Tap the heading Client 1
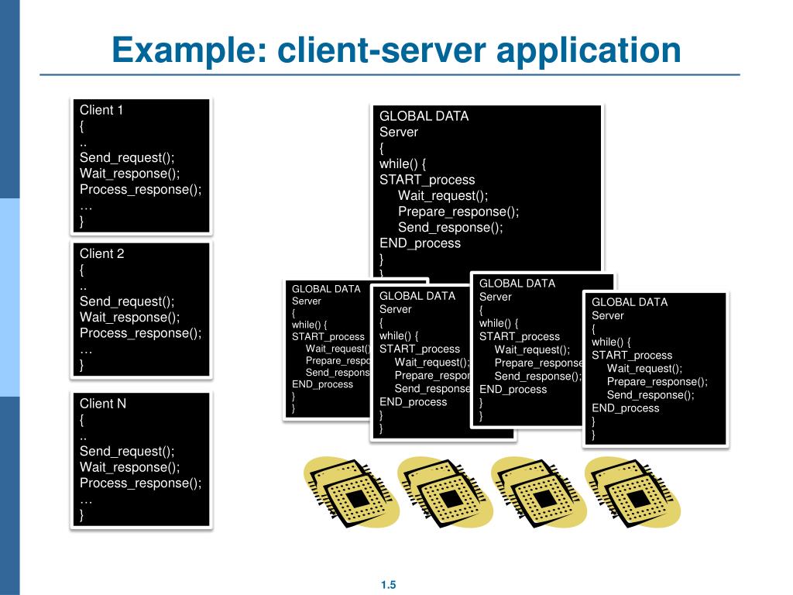coord(101,110)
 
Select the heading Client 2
coord(101,253)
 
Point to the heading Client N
coord(102,404)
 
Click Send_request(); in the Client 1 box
coord(127,158)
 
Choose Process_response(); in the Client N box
coord(140,483)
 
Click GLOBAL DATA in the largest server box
coord(424,116)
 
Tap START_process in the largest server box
coord(427,180)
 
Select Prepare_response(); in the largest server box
coord(458,212)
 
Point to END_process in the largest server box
coord(420,243)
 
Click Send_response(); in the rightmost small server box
coord(651,395)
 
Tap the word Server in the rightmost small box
coord(608,316)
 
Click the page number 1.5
coord(388,586)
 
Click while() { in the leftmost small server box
coord(310,325)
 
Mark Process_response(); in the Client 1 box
coord(140,190)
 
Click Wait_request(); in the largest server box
coord(443,196)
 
